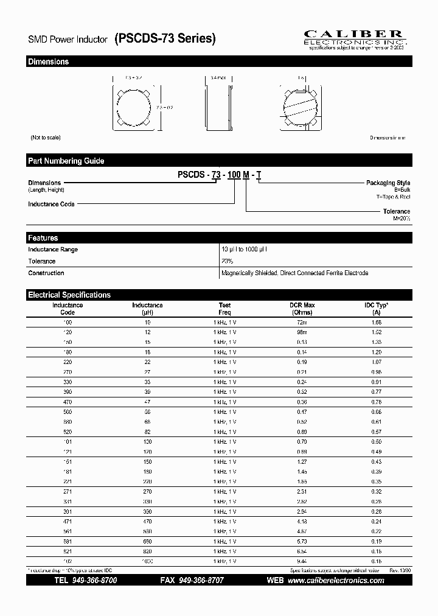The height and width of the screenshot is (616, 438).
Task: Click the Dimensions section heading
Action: click(49, 61)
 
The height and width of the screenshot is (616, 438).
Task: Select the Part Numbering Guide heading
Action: click(66, 161)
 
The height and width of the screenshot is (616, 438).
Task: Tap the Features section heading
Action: click(43, 238)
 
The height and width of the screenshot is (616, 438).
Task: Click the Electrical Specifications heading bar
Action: click(69, 295)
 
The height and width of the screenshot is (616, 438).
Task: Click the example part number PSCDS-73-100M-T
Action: click(220, 175)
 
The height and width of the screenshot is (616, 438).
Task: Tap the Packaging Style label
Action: click(388, 183)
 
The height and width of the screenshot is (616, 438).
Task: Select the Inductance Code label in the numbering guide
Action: click(51, 205)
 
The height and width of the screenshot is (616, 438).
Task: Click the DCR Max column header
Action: click(302, 309)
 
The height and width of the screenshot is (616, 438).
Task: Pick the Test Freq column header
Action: click(225, 309)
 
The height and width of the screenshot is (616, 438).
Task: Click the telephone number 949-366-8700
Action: click(94, 581)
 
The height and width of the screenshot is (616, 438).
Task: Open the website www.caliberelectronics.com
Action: click(335, 581)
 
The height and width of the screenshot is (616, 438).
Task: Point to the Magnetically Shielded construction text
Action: click(294, 273)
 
